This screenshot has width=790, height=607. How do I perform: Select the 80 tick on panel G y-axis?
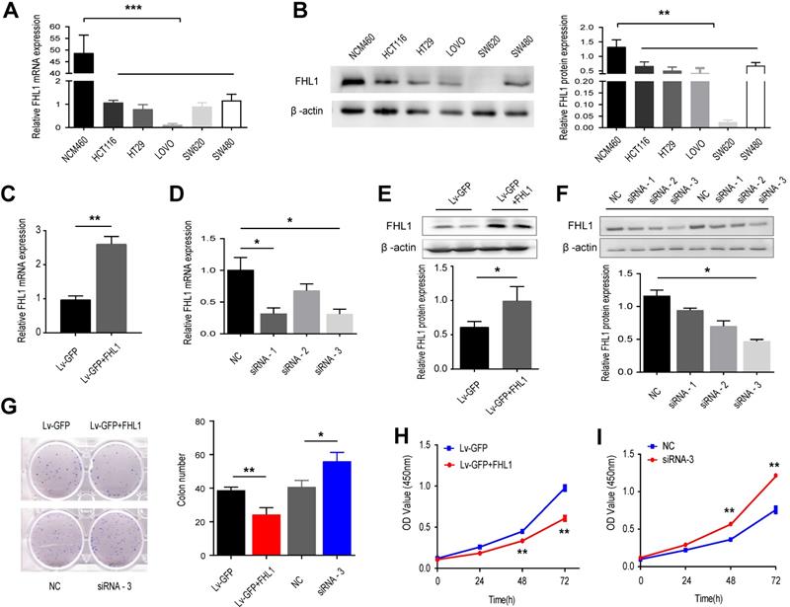tap(226, 421)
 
